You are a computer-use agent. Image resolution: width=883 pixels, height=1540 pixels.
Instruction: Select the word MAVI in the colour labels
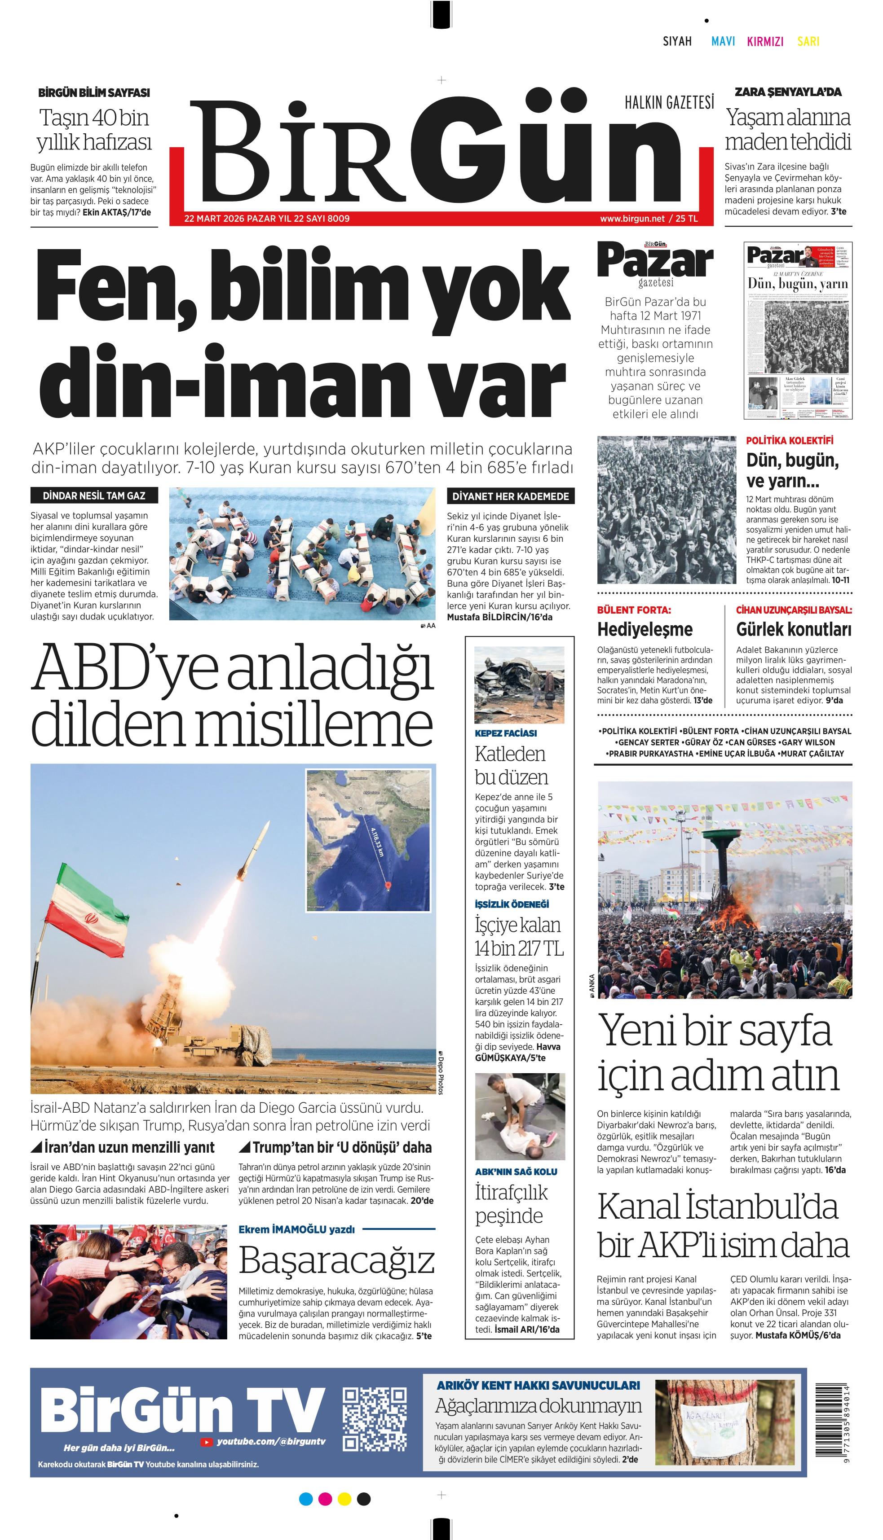(x=723, y=41)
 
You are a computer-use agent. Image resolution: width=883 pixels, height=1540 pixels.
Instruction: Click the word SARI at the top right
(x=808, y=41)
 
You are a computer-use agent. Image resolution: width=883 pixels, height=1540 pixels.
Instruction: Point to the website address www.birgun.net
(x=632, y=218)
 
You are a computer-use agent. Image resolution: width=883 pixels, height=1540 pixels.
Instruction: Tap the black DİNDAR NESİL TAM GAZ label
(x=94, y=496)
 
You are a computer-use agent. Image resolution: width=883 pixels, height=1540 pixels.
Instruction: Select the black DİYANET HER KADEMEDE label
(x=511, y=496)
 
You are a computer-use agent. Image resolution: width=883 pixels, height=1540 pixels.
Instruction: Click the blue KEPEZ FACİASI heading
(x=506, y=733)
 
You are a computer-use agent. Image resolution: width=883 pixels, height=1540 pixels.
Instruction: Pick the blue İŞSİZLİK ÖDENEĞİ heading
(x=512, y=904)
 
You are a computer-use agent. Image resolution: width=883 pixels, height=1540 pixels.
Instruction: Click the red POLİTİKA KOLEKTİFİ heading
(x=790, y=441)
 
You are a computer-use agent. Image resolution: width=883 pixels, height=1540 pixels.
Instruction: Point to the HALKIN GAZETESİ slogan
(x=670, y=103)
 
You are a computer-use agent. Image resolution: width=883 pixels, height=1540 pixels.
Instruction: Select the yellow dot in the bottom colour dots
(x=344, y=1499)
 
